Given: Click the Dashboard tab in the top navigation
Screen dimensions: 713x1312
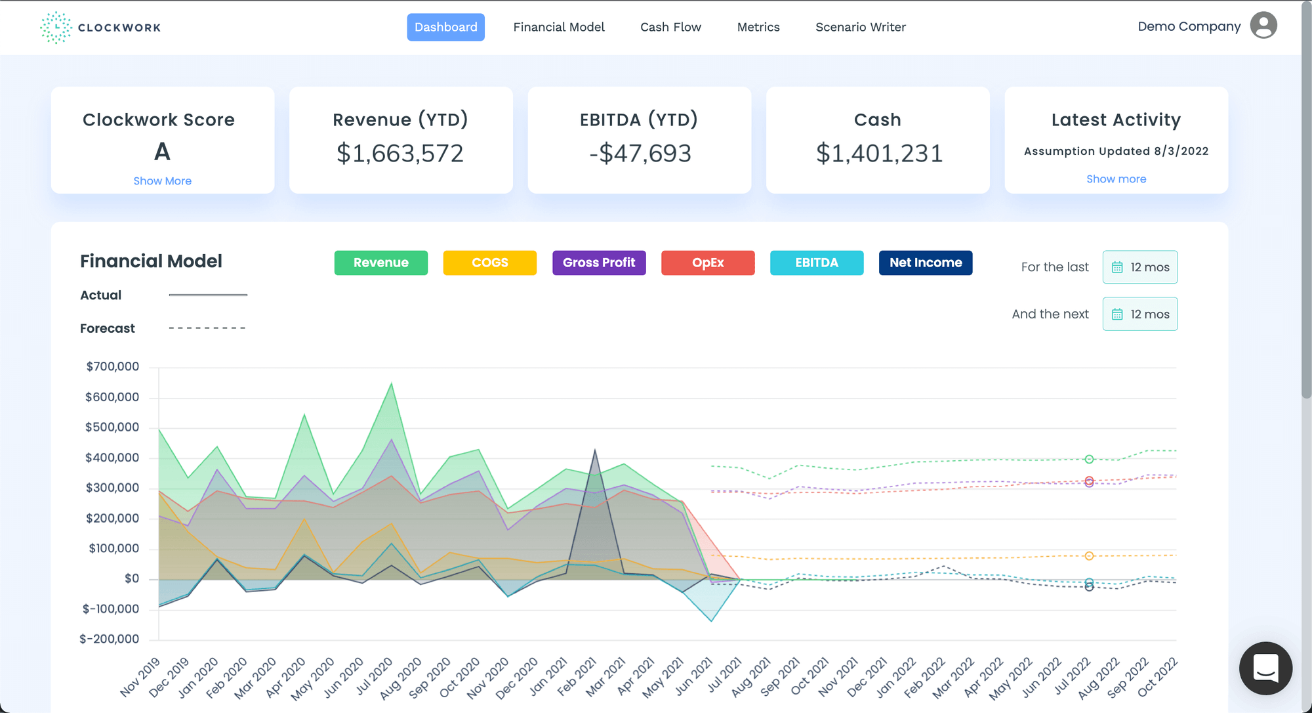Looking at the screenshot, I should pos(445,27).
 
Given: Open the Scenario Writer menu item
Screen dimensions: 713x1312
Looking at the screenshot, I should pos(860,27).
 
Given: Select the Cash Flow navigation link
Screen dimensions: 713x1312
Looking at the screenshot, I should pos(670,27).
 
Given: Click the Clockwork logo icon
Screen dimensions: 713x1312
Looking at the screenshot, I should pos(56,28).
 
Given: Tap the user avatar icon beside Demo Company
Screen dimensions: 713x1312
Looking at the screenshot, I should pos(1263,26).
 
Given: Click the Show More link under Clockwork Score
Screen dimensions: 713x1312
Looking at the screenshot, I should pos(162,181).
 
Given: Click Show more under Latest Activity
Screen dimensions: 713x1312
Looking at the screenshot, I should pos(1116,179).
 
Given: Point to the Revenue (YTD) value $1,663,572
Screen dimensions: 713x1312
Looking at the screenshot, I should pos(400,153).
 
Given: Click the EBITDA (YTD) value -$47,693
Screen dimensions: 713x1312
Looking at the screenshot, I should pos(640,153).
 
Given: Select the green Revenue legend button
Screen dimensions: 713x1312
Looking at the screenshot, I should pos(380,263).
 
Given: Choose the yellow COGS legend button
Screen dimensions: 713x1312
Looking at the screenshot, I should pos(489,263).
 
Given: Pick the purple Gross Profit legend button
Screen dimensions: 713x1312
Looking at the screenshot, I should pos(599,263).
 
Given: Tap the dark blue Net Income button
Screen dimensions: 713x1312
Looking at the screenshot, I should pos(925,263).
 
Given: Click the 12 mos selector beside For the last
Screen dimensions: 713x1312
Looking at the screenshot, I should pos(1139,267).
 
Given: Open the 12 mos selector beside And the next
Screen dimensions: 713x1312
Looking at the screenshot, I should pos(1139,314).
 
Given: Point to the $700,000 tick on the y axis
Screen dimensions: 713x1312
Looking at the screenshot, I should pos(112,366).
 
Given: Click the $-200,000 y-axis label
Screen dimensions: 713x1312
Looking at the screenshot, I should pos(110,639).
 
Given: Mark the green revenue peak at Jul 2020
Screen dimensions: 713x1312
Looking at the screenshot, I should pos(392,383).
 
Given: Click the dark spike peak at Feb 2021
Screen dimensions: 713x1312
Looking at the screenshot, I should pos(595,450).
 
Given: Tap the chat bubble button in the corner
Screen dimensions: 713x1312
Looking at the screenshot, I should pos(1265,668).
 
